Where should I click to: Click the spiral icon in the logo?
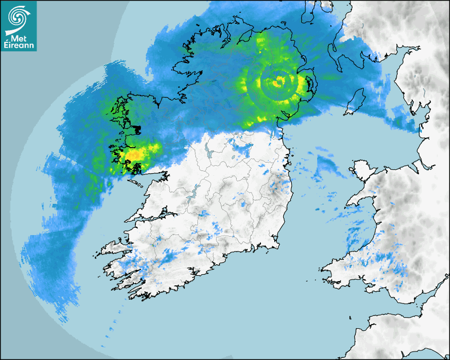tap(18, 17)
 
